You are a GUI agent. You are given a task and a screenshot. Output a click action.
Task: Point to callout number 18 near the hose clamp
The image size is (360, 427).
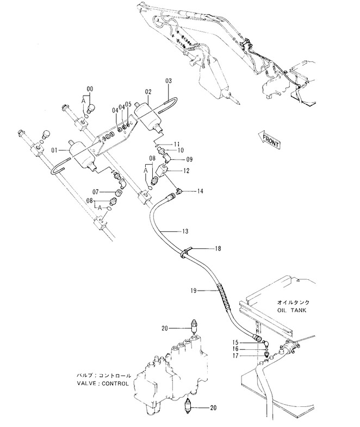(x=218, y=248)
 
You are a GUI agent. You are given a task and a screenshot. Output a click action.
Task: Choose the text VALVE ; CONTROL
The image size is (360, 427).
(x=103, y=383)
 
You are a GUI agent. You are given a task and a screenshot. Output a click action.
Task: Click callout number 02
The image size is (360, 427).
(x=147, y=93)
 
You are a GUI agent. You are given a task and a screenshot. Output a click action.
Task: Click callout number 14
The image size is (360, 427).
(x=200, y=191)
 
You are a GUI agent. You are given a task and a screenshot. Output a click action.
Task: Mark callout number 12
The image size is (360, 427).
(x=186, y=171)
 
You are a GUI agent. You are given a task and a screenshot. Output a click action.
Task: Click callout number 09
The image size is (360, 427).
(x=190, y=160)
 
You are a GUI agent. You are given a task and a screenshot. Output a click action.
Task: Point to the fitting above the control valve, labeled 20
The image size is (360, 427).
(x=194, y=326)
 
